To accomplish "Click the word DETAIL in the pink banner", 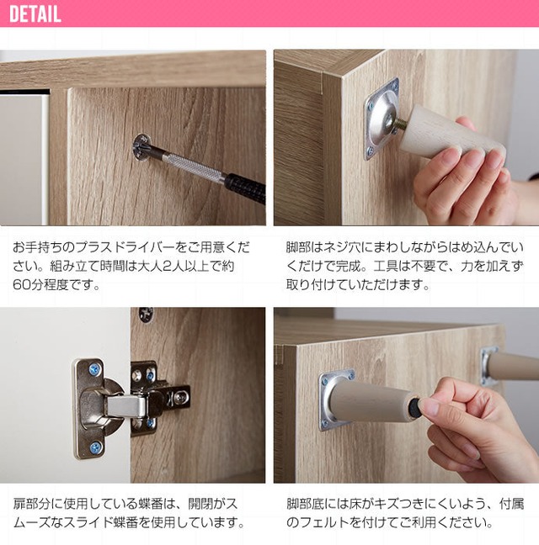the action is (35, 14).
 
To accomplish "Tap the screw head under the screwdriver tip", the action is (142, 147).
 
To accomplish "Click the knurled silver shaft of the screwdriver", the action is (193, 167).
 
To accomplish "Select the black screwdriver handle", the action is (245, 188).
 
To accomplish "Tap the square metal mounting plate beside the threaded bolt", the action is (381, 119).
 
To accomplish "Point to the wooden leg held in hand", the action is (452, 133).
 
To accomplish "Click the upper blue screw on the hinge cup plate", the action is (94, 369).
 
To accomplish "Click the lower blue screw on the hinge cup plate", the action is (95, 447).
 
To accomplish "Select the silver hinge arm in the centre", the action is (126, 406).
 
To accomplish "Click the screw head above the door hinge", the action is (147, 315).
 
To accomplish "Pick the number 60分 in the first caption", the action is (27, 284).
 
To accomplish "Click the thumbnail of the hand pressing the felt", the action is (407, 395).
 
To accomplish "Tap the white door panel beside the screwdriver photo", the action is (23, 158).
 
